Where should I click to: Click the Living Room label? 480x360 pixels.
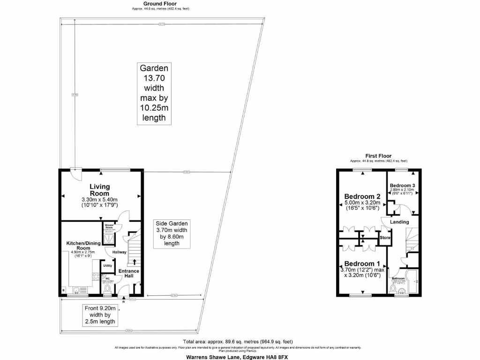coord(99,190)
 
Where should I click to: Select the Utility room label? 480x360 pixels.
coord(108,265)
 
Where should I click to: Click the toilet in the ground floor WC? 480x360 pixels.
coord(106,289)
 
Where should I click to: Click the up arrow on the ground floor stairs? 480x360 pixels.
coord(135,261)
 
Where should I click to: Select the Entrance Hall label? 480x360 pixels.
coord(128,273)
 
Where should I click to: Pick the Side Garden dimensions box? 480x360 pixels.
coord(171,233)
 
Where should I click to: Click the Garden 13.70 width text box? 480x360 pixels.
coord(153,93)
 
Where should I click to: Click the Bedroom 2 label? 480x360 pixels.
coord(362,196)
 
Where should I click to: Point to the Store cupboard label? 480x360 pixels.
coord(385,238)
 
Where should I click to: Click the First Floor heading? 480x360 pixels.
coord(378,156)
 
